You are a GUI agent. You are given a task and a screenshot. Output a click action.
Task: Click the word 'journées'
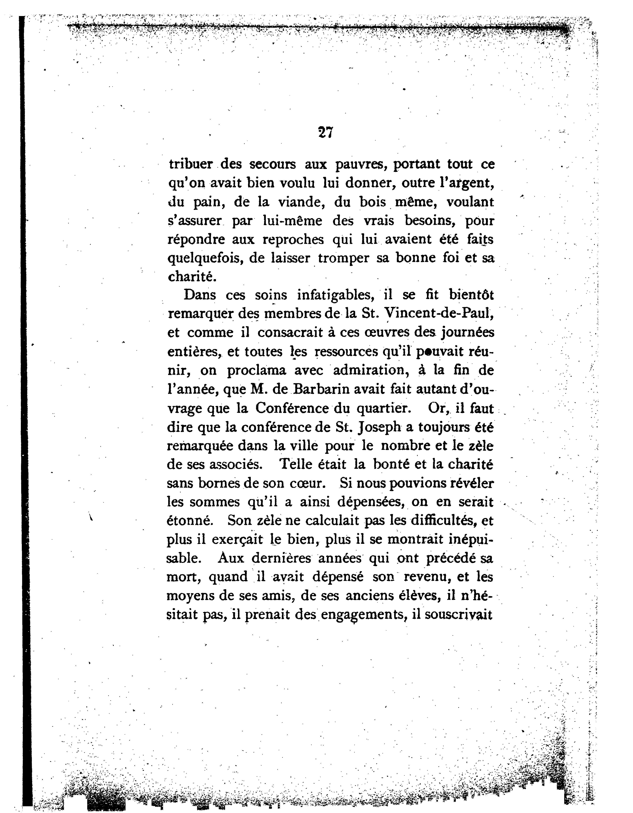[467, 332]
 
